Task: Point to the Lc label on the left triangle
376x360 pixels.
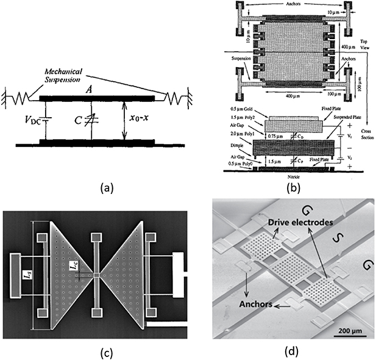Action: [x=73, y=265]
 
